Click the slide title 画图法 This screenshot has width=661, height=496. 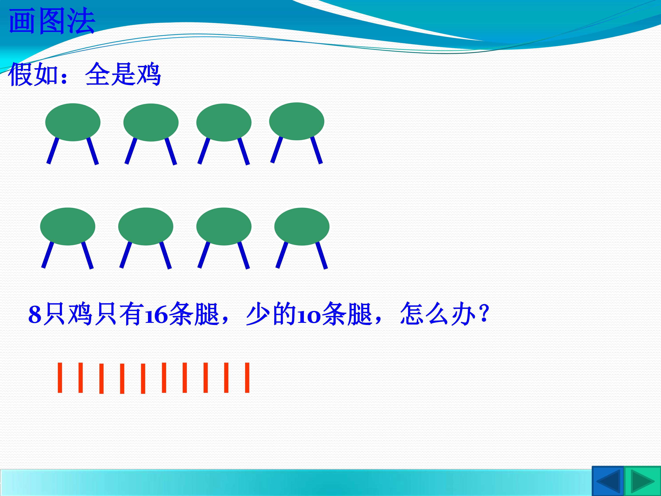52,21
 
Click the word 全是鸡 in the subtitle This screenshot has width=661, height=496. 123,74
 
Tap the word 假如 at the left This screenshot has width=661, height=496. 33,74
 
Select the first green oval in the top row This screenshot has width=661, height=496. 73,122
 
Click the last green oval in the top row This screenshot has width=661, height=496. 297,121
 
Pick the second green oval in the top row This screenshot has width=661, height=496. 151,122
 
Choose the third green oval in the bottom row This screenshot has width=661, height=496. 224,226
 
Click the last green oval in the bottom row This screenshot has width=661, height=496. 302,226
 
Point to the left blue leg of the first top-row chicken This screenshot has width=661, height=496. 53,151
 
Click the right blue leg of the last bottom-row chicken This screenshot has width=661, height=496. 322,255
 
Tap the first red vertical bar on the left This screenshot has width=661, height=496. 60,378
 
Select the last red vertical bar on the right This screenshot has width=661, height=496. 247,378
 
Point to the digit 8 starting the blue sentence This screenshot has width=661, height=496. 35,315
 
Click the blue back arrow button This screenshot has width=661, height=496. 608,481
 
